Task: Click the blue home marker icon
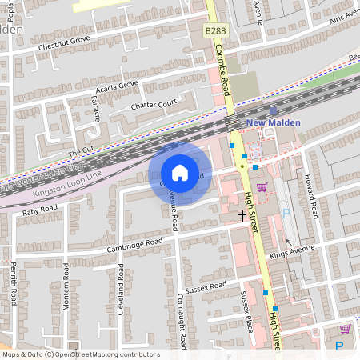tap(180, 173)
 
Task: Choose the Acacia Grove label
tap(117, 85)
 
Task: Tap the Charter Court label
tap(153, 104)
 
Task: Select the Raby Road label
tap(40, 210)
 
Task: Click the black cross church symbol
tap(242, 215)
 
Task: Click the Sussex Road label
tap(206, 286)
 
